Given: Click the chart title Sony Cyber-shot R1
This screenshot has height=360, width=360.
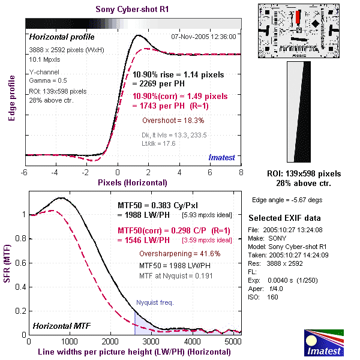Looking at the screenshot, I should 133,9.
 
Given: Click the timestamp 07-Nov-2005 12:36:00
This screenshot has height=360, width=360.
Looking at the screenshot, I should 203,36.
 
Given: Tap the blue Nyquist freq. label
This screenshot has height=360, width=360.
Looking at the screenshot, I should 155,302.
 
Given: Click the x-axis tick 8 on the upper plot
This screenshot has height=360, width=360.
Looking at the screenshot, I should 241,173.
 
